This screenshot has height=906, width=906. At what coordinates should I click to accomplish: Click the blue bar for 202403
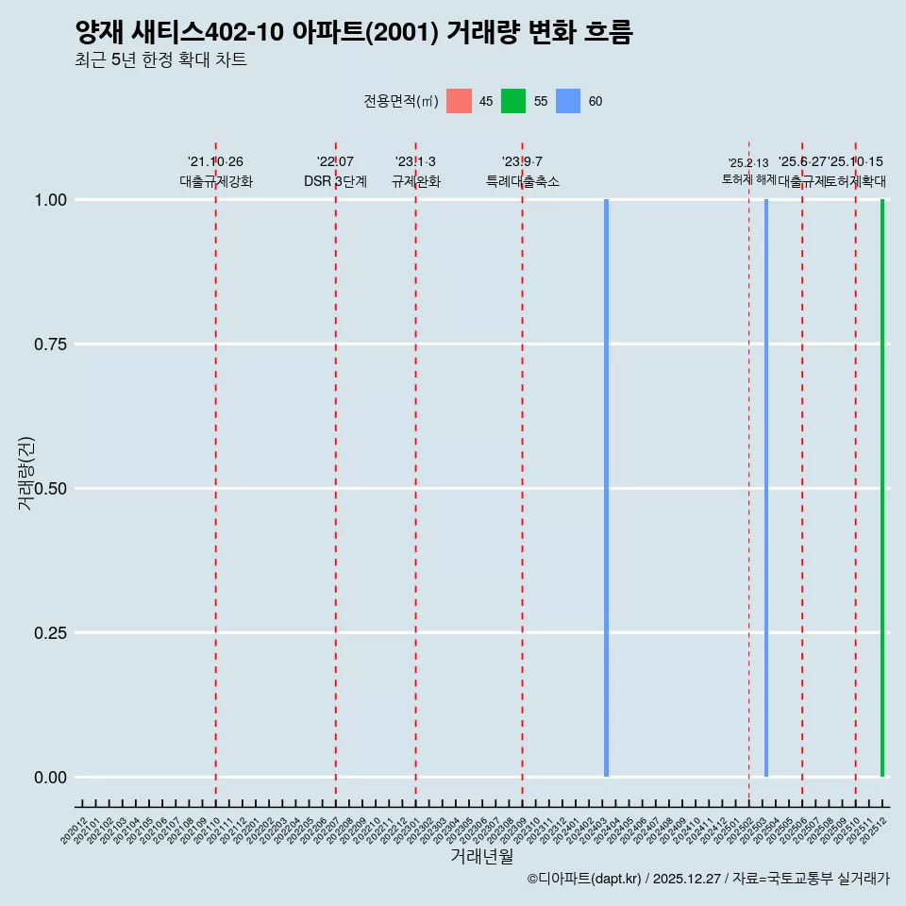[606, 488]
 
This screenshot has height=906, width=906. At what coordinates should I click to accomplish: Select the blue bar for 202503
[766, 488]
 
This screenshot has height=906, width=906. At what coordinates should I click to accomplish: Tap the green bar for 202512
[882, 488]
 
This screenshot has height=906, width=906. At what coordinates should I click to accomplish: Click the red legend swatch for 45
[459, 101]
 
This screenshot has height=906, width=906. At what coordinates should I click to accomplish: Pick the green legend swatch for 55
[513, 101]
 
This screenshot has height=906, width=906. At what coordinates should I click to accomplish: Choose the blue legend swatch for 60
[568, 101]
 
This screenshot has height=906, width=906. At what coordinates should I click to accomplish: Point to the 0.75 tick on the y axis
[48, 344]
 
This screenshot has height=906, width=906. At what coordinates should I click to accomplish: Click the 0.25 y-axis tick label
[48, 632]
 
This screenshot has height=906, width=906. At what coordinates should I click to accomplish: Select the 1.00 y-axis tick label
[48, 199]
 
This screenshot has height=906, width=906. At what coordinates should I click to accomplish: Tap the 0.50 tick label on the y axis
[48, 488]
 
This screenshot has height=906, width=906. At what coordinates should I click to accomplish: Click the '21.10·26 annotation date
[215, 162]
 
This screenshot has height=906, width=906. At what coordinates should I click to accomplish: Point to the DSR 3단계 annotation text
[335, 181]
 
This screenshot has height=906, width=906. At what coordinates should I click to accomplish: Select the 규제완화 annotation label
[415, 181]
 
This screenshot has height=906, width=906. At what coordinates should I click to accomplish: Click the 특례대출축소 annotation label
[522, 181]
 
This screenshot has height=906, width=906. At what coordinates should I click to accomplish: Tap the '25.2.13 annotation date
[748, 163]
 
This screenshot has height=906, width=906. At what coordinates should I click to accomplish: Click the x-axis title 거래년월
[481, 857]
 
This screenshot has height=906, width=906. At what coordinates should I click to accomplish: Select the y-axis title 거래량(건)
[25, 474]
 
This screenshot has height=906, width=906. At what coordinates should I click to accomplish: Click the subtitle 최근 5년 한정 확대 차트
[160, 60]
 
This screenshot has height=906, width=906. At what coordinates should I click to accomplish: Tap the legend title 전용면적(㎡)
[400, 102]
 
